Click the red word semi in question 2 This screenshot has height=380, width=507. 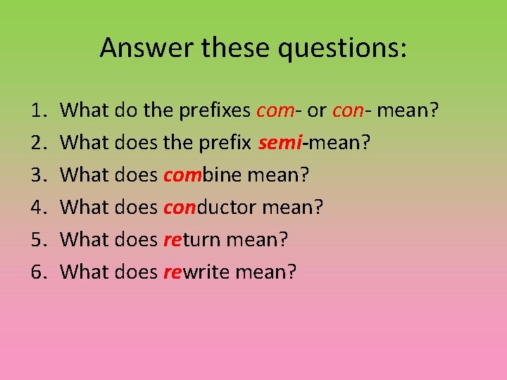click(x=280, y=143)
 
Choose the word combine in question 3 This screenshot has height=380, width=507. click(x=204, y=175)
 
